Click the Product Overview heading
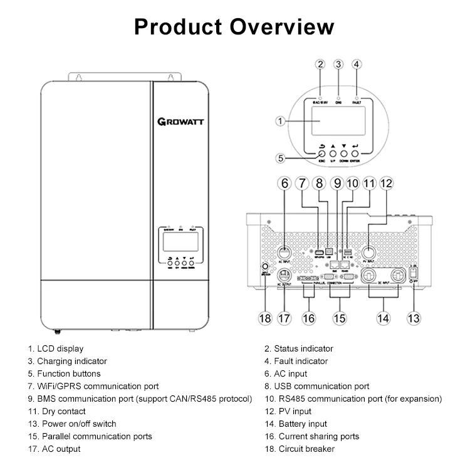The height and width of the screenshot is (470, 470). pyautogui.click(x=234, y=27)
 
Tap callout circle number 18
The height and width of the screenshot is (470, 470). pyautogui.click(x=265, y=318)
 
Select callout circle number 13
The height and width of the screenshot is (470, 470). pyautogui.click(x=413, y=318)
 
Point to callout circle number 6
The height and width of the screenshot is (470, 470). pyautogui.click(x=285, y=184)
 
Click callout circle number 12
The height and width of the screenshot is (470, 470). pyautogui.click(x=386, y=184)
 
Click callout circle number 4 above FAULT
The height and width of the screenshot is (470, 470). pyautogui.click(x=357, y=65)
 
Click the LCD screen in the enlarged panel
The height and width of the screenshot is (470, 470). pyautogui.click(x=331, y=122)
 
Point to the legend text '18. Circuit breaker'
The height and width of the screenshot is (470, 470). pyautogui.click(x=299, y=449)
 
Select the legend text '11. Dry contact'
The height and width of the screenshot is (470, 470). pyautogui.click(x=55, y=411)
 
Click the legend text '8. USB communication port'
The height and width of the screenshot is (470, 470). pyautogui.click(x=316, y=386)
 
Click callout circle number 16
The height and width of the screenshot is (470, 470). pyautogui.click(x=308, y=318)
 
